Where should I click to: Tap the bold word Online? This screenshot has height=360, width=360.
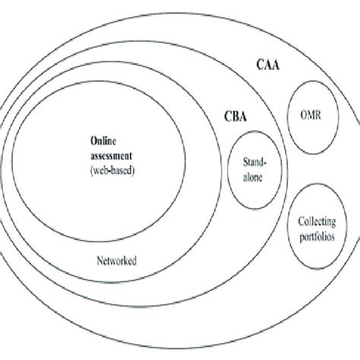(106, 140)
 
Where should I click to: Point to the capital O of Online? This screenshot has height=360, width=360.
(93, 140)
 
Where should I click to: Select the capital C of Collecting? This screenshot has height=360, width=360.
(292, 223)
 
